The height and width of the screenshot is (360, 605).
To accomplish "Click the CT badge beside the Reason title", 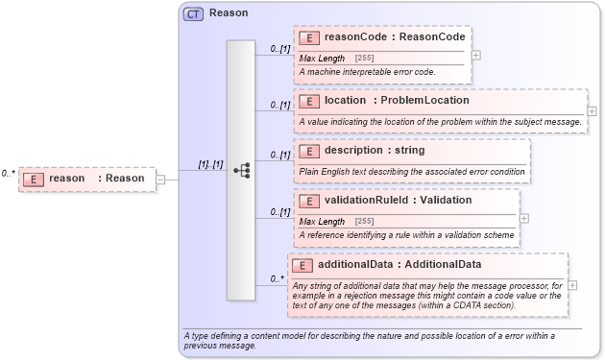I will (x=193, y=13).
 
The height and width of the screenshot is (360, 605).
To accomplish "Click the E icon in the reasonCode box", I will (x=309, y=37).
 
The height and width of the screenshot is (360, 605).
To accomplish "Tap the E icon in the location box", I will (x=309, y=101).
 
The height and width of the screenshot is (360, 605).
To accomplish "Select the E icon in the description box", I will (x=309, y=151).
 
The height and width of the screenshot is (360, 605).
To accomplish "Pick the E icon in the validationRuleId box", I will (x=309, y=201).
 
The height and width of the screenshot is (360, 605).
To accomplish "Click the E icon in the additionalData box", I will (x=302, y=265).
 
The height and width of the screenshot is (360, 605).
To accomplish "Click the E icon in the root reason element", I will (x=34, y=179).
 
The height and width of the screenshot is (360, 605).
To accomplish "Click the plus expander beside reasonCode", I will (x=476, y=55).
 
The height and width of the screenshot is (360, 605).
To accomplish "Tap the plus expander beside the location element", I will (x=592, y=111).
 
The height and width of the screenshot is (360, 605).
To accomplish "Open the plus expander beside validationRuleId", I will (x=524, y=218).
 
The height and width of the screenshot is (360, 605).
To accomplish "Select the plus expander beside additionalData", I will (x=572, y=285).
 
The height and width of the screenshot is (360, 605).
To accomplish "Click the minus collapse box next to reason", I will (x=160, y=179).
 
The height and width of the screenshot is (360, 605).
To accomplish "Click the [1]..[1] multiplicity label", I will (x=210, y=164).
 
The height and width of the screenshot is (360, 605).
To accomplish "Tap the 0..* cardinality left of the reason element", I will (x=8, y=174).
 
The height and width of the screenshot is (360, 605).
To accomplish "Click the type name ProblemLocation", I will (x=424, y=101).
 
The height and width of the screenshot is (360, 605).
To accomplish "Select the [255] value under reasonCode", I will (x=364, y=59).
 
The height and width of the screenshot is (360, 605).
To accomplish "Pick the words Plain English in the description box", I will (x=325, y=172).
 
